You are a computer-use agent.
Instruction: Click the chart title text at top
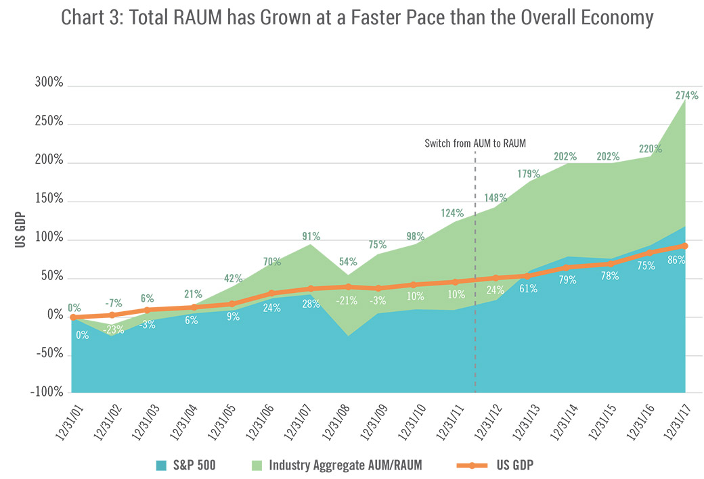pyautogui.click(x=357, y=18)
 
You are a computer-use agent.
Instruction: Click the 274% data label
pyautogui.click(x=686, y=95)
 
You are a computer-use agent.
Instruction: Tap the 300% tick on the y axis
pyautogui.click(x=49, y=84)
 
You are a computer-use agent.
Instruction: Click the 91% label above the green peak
pyautogui.click(x=311, y=236)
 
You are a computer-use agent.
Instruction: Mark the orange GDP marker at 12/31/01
pyautogui.click(x=72, y=317)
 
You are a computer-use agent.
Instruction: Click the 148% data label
pyautogui.click(x=495, y=198)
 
